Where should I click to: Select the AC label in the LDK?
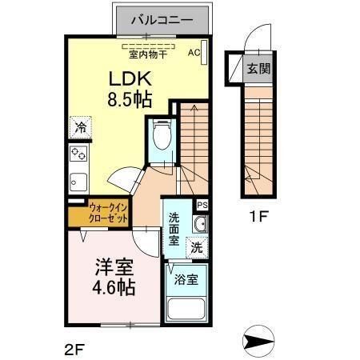tap(194, 53)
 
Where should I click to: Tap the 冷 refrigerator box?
tap(81, 127)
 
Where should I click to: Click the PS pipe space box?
tap(202, 206)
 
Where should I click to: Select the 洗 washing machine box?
tap(195, 248)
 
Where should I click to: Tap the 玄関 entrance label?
tap(258, 68)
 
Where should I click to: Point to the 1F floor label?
tap(258, 217)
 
